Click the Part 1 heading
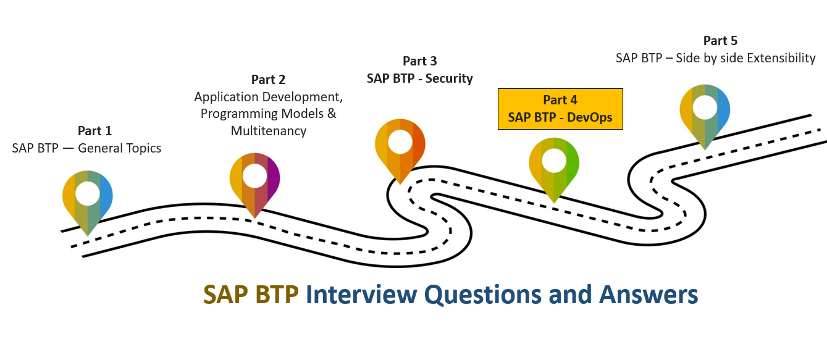94,131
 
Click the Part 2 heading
268,80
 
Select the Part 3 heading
419,61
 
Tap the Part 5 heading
720,41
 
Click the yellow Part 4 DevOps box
560,109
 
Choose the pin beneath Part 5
705,112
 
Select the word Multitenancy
269,131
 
